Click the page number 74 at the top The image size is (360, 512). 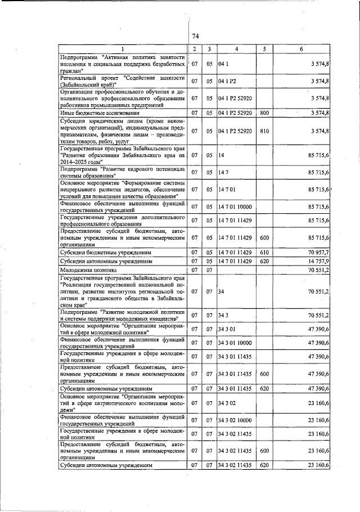196,37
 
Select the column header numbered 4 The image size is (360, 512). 236,50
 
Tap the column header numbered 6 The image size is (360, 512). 301,50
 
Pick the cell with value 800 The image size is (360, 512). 263,113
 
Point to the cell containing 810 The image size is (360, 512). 263,132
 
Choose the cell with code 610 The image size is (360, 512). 263,253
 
